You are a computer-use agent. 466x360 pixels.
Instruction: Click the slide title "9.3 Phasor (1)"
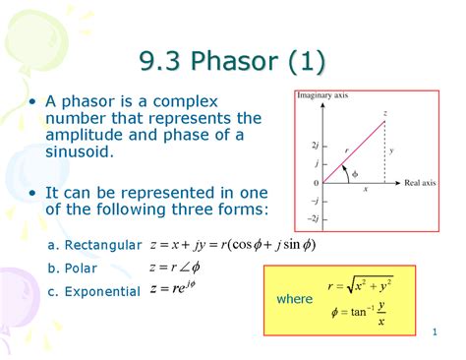tap(233, 66)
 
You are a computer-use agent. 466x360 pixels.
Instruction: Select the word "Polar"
tap(81, 268)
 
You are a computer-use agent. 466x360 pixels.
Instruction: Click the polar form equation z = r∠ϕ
tap(175, 267)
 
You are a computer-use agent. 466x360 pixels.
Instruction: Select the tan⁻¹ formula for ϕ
tap(358, 315)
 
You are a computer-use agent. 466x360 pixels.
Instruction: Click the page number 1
tap(434, 336)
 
